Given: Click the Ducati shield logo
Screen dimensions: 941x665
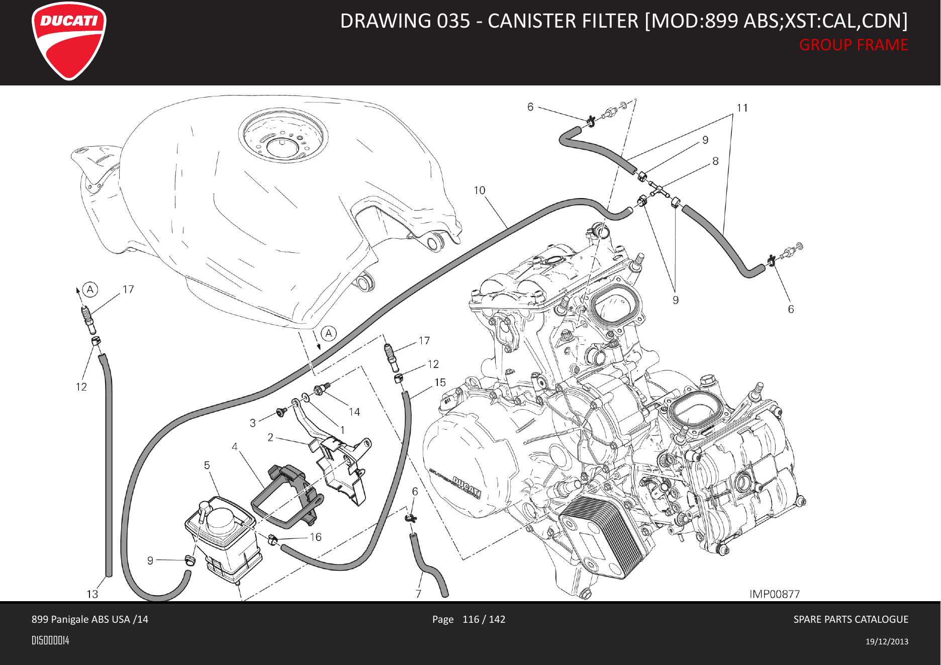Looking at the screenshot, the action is click(x=69, y=41).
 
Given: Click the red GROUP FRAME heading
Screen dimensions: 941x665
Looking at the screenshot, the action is click(x=854, y=45).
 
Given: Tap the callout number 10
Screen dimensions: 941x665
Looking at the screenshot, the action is click(x=480, y=191).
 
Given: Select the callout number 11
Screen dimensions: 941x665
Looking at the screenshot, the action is click(x=742, y=108).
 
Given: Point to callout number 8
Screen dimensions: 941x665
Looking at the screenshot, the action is click(x=715, y=161).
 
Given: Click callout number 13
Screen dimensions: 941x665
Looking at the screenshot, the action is click(x=92, y=594).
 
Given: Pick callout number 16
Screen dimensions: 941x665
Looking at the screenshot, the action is click(x=316, y=537).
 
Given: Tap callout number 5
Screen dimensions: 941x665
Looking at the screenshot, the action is click(x=207, y=465).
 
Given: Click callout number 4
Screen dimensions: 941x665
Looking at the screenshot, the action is click(x=235, y=446).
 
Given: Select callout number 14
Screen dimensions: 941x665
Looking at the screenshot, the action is click(x=354, y=412).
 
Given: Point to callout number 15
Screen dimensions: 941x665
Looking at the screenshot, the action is click(x=440, y=383).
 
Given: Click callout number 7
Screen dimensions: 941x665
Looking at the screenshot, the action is click(x=418, y=594).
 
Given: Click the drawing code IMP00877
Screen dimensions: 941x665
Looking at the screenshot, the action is click(x=775, y=594).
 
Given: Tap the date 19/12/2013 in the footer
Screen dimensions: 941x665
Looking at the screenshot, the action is click(x=887, y=641).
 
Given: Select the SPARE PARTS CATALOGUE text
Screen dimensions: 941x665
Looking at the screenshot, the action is click(x=851, y=619).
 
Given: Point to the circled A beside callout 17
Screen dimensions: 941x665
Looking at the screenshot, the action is click(x=90, y=290).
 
